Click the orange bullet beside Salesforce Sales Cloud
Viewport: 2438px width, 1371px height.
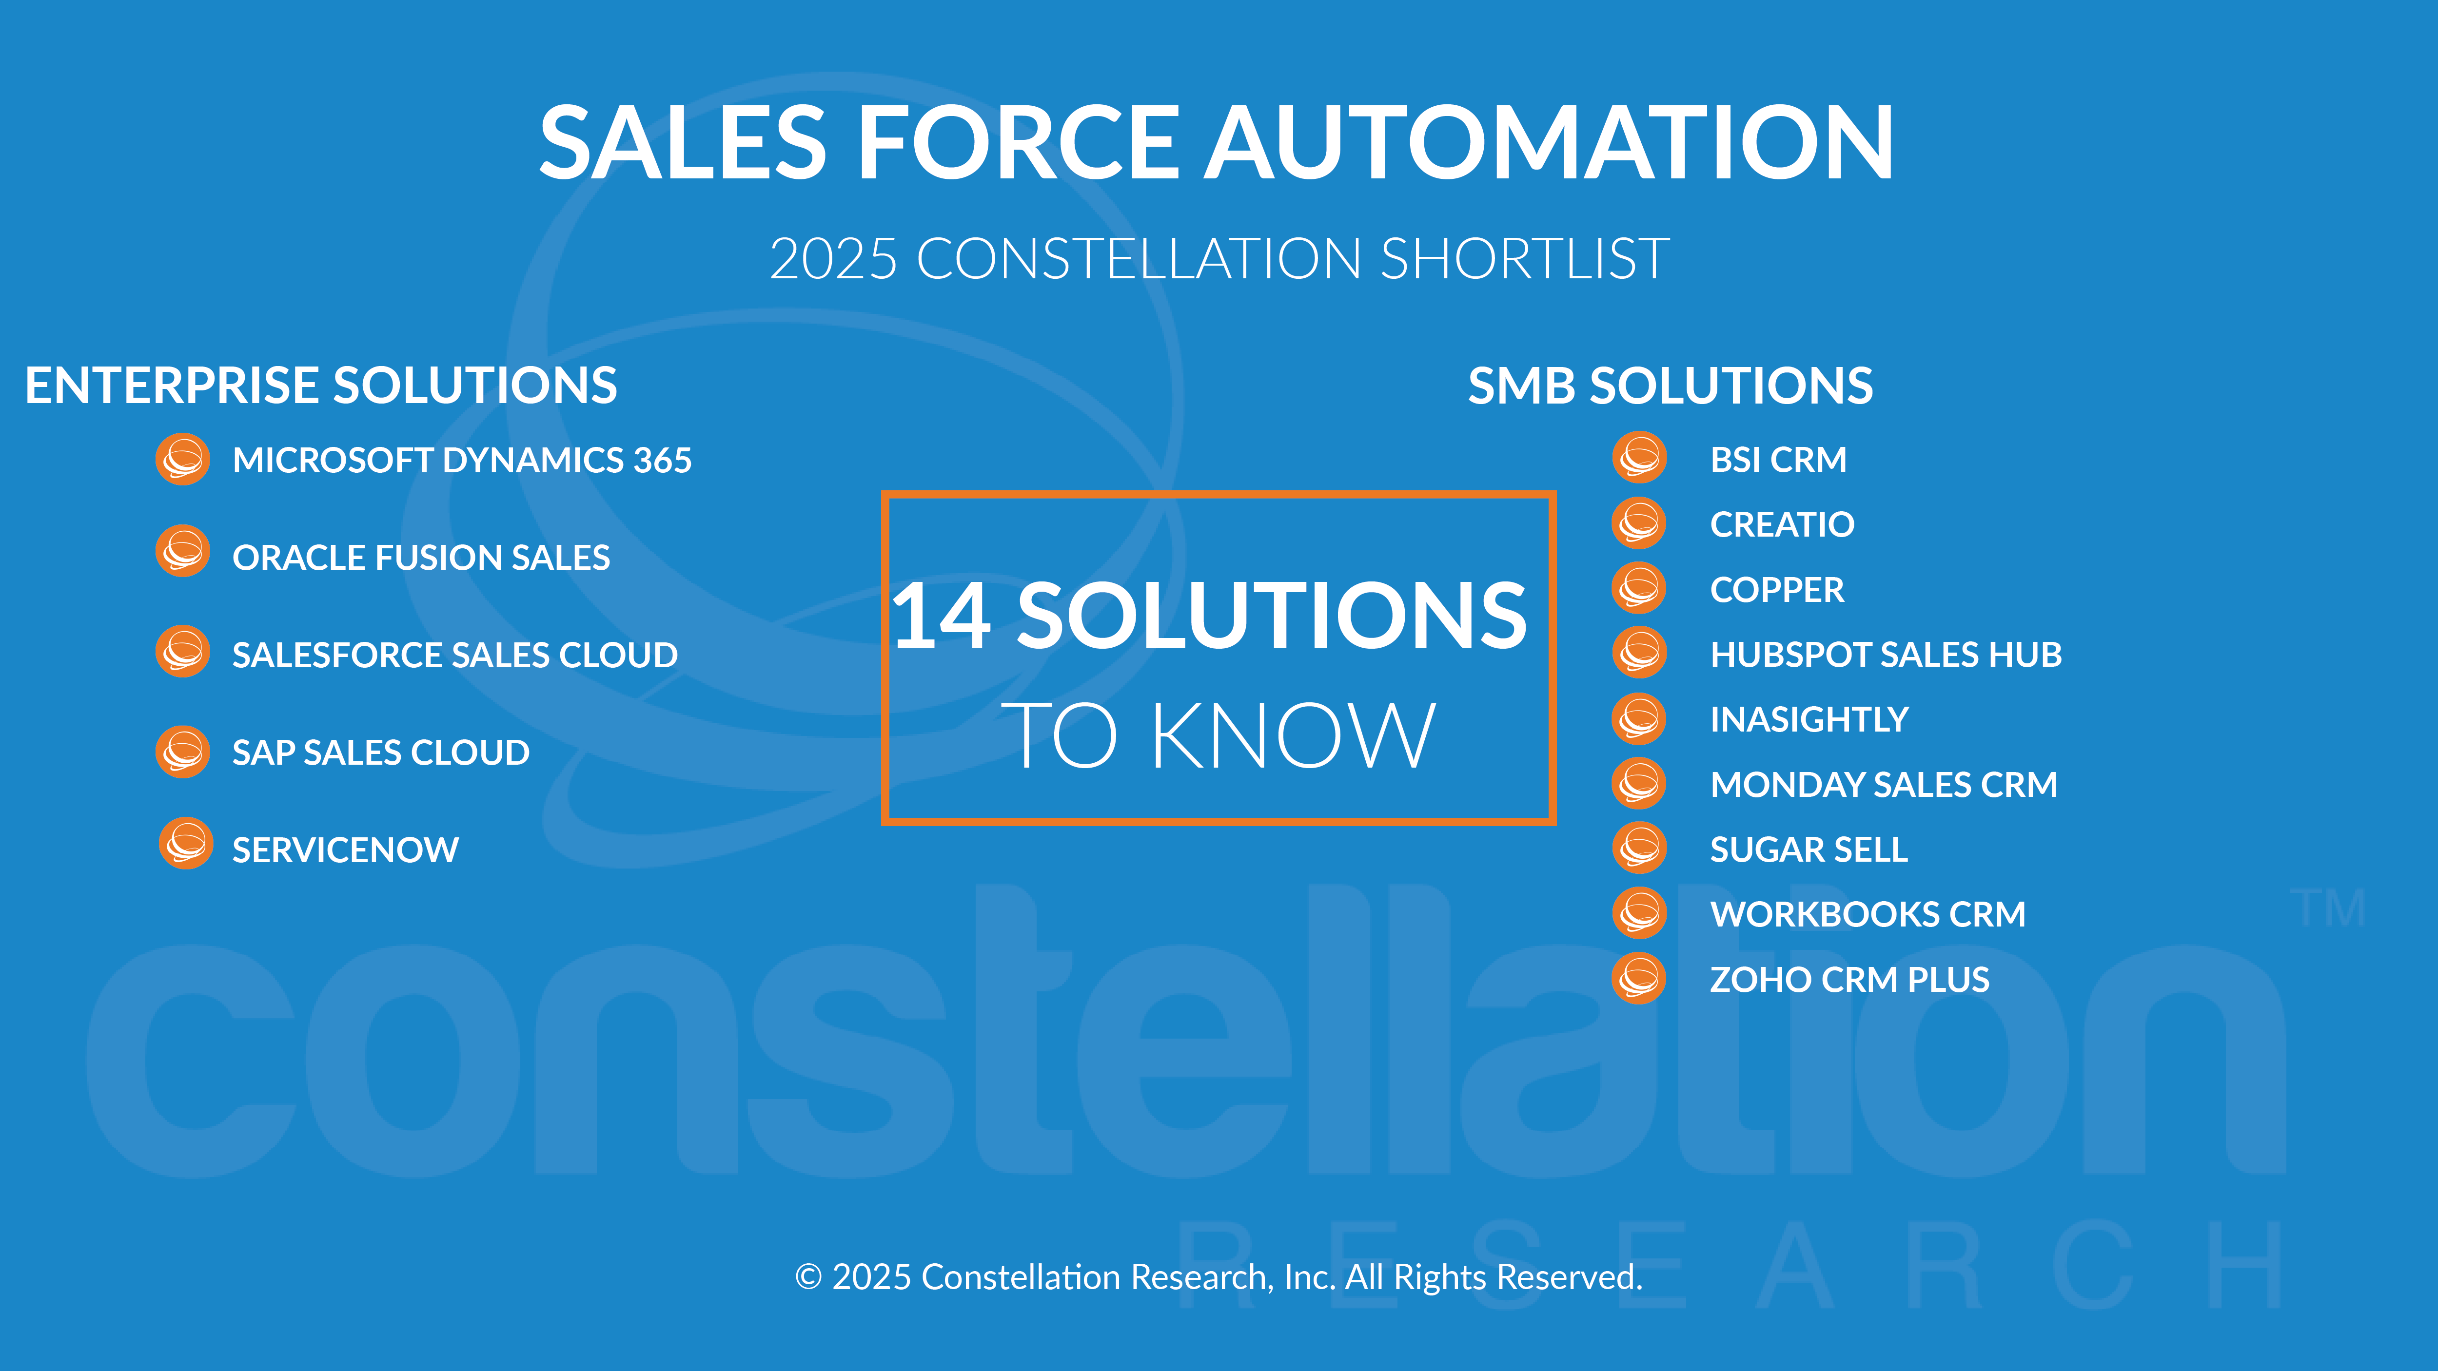[183, 651]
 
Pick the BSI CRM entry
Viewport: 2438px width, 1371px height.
[1778, 459]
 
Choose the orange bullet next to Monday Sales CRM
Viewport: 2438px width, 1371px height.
[1639, 783]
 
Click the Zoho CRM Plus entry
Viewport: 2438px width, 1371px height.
[1849, 979]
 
